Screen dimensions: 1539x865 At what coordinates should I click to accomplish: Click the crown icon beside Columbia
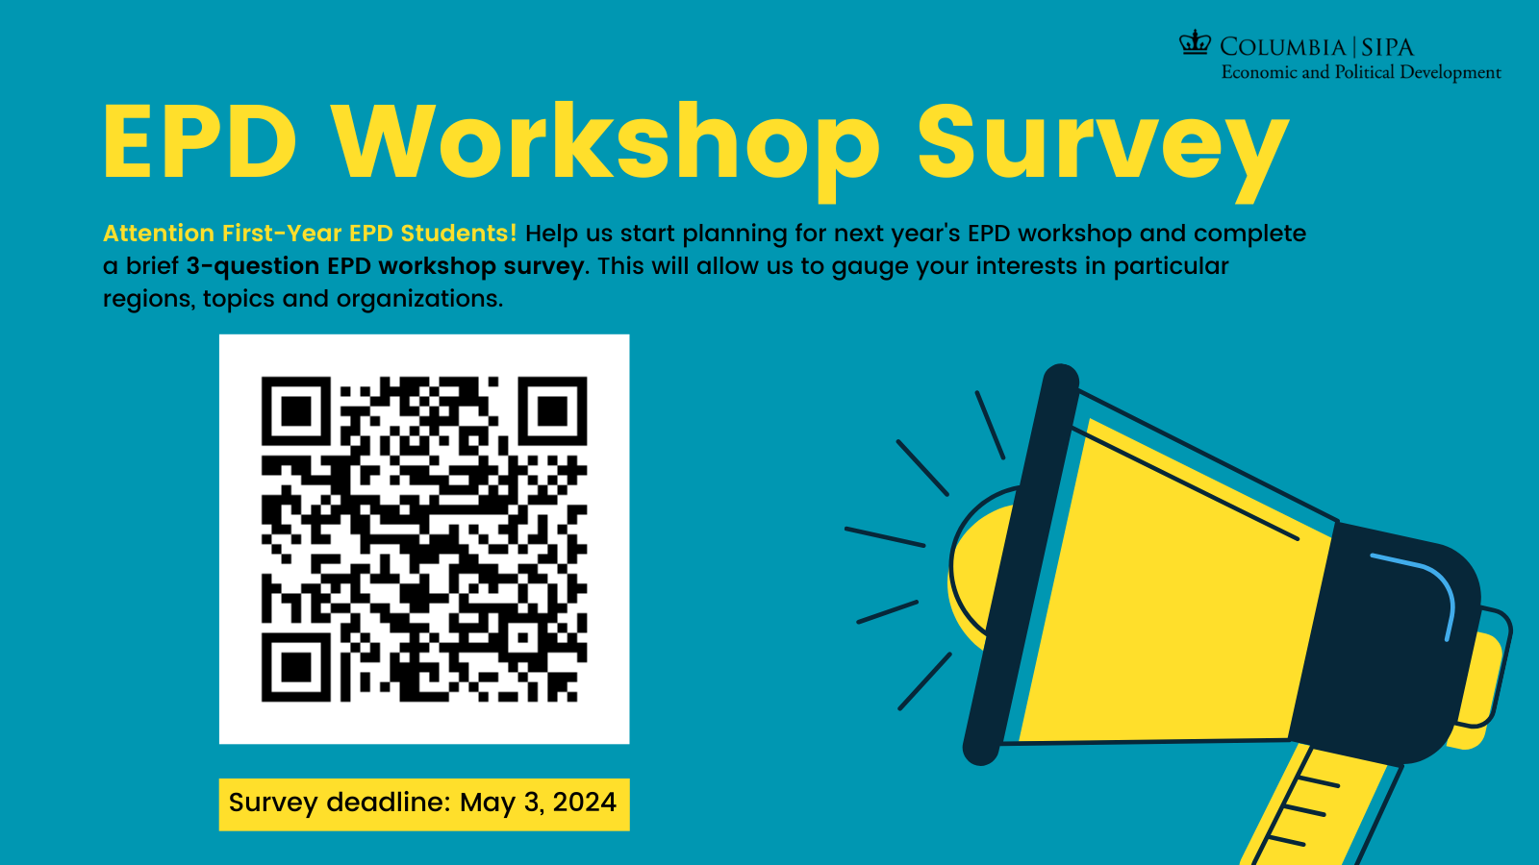tap(1196, 42)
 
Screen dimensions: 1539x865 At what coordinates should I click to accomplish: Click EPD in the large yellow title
tap(200, 142)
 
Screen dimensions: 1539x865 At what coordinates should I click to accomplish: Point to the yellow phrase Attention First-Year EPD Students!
tap(310, 234)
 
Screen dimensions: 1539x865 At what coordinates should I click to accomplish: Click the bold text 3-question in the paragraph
tap(252, 266)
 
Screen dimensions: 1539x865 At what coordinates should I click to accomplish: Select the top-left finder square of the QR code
tap(296, 411)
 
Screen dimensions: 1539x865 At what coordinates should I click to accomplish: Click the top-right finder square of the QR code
tap(552, 411)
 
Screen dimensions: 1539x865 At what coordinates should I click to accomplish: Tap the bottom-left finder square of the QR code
tap(296, 667)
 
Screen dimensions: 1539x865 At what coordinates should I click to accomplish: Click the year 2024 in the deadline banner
tap(585, 802)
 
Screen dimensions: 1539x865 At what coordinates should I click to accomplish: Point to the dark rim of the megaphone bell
tap(1021, 564)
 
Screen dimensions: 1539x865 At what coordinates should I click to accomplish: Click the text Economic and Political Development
tap(1361, 73)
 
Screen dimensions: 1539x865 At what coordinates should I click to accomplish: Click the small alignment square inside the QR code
tap(522, 638)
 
